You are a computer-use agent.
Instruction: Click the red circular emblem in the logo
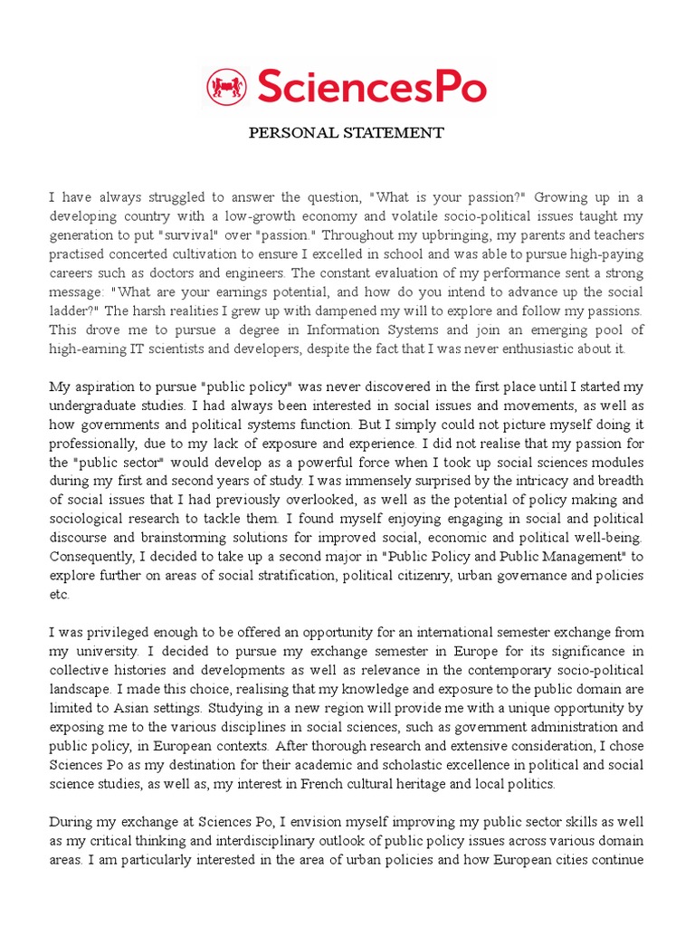click(x=226, y=88)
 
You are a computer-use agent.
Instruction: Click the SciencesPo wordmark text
click(x=372, y=88)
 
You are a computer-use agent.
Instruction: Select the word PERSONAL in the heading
click(x=293, y=133)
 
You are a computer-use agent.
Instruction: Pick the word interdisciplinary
click(x=227, y=841)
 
